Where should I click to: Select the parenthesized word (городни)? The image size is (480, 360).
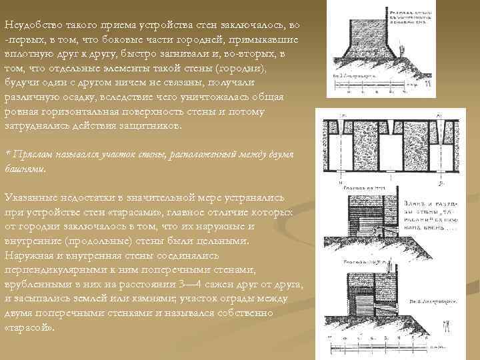pos(243,68)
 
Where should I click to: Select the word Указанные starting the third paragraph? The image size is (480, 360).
pos(32,197)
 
